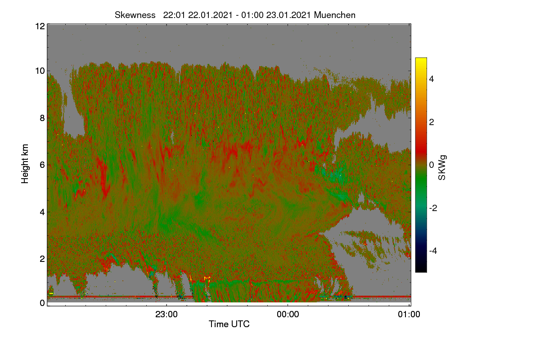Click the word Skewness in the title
pos(135,15)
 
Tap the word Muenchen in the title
pos(335,15)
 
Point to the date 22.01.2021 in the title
pos(210,15)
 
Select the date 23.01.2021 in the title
pos(288,15)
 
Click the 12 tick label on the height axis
pos(40,26)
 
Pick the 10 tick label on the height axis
pos(40,71)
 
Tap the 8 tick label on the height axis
pos(42,118)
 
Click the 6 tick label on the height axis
pos(42,165)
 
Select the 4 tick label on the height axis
pos(42,212)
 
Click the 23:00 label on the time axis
pos(166,315)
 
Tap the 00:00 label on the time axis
pos(288,315)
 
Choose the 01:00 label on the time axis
pos(409,315)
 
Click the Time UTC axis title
pos(229,324)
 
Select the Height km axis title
pos(25,164)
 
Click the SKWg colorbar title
pos(442,168)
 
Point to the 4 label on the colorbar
pos(432,79)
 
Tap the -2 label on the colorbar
pos(433,208)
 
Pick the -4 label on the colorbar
pos(433,251)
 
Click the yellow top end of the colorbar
pos(421,58)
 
